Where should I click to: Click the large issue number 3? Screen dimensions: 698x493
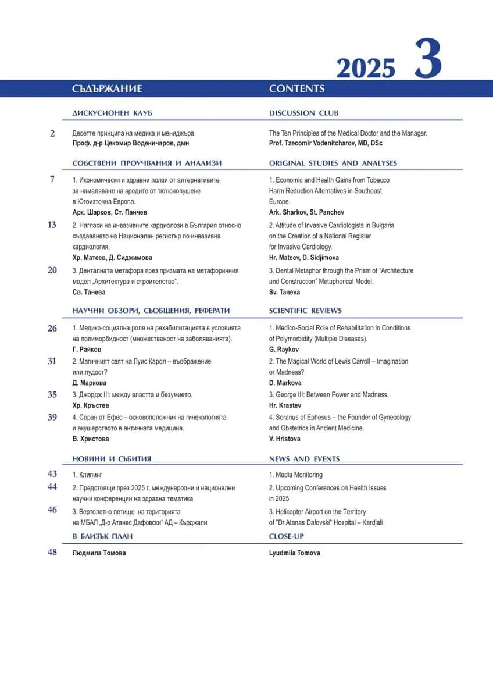tap(428, 59)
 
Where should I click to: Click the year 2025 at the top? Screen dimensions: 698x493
tap(366, 69)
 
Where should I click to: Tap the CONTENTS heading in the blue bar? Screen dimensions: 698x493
tap(296, 89)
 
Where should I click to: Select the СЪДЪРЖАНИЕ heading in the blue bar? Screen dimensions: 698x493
tap(108, 89)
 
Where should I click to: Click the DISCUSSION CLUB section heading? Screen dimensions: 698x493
tap(303, 113)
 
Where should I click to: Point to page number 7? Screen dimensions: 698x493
tap(52, 180)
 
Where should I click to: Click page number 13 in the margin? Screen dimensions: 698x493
tap(52, 225)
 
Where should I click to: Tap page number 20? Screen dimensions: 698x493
tap(52, 270)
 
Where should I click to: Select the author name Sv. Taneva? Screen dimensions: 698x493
tap(284, 292)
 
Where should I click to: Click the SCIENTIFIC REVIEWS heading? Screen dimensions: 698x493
tap(305, 311)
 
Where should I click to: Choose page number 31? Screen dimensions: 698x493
tap(52, 361)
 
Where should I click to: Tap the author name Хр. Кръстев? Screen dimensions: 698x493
tap(91, 405)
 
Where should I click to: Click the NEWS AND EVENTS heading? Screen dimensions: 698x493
tap(304, 459)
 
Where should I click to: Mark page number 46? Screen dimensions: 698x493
tap(52, 510)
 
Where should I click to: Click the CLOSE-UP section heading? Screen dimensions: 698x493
tap(287, 536)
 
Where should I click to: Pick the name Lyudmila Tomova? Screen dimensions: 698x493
tap(294, 553)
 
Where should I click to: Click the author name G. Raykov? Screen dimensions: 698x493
tap(284, 349)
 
